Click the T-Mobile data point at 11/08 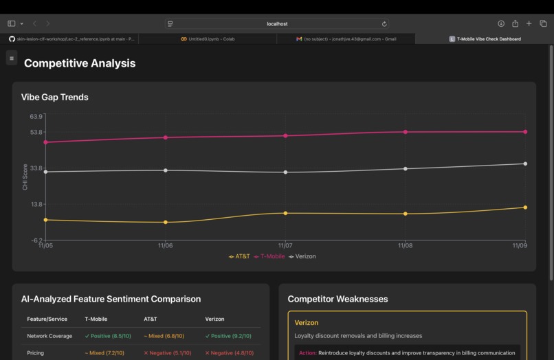click(x=406, y=132)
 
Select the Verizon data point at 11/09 click(x=525, y=164)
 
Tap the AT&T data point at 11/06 click(x=166, y=222)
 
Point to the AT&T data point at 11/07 click(x=285, y=213)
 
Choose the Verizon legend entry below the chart click(x=302, y=256)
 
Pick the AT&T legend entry click(x=240, y=256)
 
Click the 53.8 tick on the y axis click(x=36, y=132)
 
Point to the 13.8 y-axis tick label click(x=36, y=204)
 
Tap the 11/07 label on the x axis click(x=285, y=245)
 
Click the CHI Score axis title click(x=25, y=177)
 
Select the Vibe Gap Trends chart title click(x=55, y=97)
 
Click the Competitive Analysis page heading click(x=80, y=63)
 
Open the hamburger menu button click(x=12, y=58)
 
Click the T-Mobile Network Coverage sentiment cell click(x=108, y=336)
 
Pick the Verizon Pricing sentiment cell click(x=230, y=352)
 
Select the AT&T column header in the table click(x=151, y=319)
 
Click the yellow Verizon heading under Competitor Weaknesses click(x=307, y=322)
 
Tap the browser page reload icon click(x=384, y=23)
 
